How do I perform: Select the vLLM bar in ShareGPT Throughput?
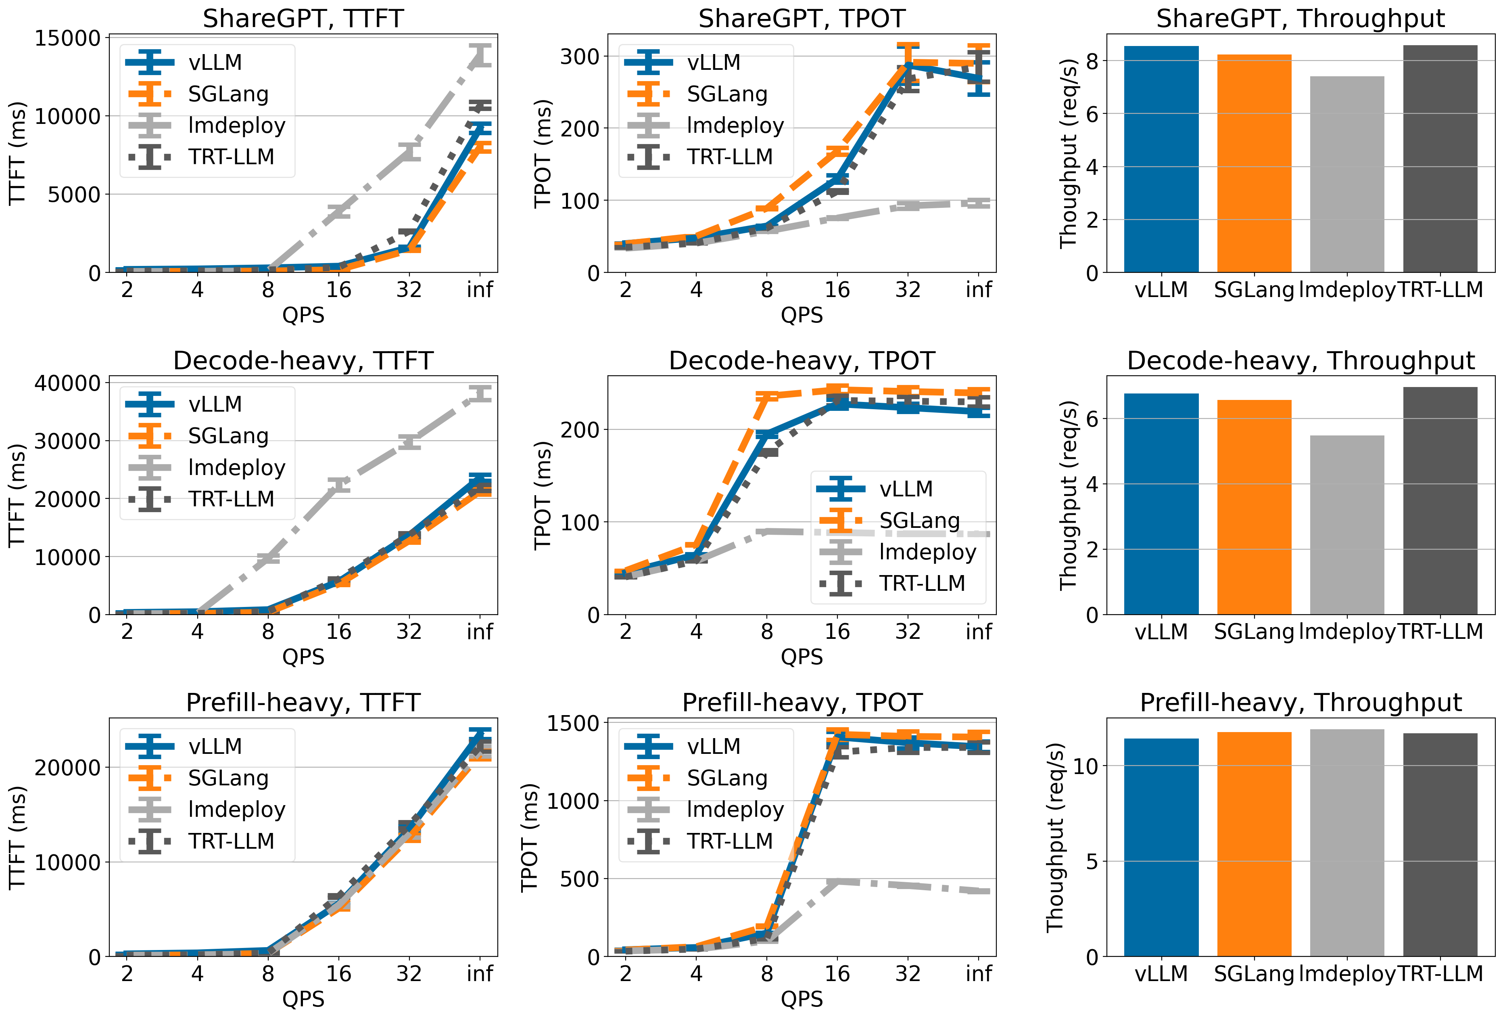[1161, 159]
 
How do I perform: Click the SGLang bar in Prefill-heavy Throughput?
[1254, 844]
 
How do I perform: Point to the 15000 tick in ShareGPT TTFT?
[68, 38]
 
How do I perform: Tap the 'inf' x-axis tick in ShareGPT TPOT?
[979, 290]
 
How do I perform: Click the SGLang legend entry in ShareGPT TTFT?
[228, 94]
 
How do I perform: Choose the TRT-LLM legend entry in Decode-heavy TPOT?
[922, 584]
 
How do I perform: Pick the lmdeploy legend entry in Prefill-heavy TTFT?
[236, 810]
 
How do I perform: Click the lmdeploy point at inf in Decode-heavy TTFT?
[480, 393]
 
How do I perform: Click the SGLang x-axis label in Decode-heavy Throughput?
[1254, 632]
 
